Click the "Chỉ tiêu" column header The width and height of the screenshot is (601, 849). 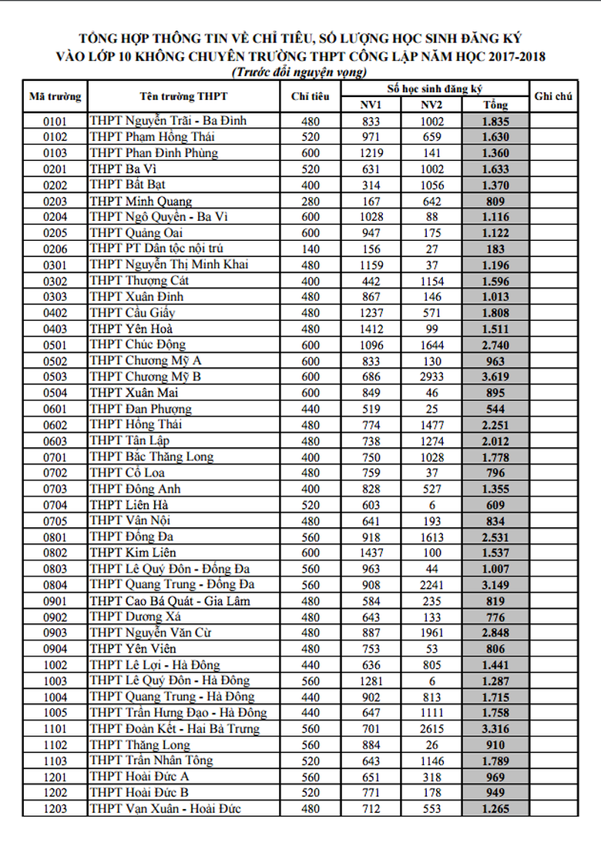tap(311, 96)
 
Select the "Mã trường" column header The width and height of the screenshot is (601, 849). tap(55, 96)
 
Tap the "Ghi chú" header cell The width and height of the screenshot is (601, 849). tap(552, 96)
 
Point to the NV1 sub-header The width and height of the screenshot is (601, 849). tap(371, 105)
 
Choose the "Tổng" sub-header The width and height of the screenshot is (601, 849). tap(495, 105)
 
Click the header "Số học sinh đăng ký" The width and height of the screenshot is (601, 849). tap(435, 89)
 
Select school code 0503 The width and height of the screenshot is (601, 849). tap(55, 376)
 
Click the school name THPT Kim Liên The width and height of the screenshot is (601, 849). tap(133, 553)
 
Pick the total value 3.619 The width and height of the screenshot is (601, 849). tap(495, 376)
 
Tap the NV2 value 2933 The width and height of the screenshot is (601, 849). tap(432, 376)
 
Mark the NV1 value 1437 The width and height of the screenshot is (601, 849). tap(371, 553)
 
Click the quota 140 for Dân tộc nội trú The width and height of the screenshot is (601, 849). tap(311, 249)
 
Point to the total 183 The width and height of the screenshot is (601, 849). tap(495, 249)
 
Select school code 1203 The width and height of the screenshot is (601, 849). tap(55, 808)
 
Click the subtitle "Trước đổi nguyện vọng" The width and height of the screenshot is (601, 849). tap(300, 72)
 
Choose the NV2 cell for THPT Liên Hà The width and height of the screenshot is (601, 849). tap(432, 505)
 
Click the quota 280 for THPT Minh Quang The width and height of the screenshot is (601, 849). tap(311, 201)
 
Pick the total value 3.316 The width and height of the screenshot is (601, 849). tap(495, 728)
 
